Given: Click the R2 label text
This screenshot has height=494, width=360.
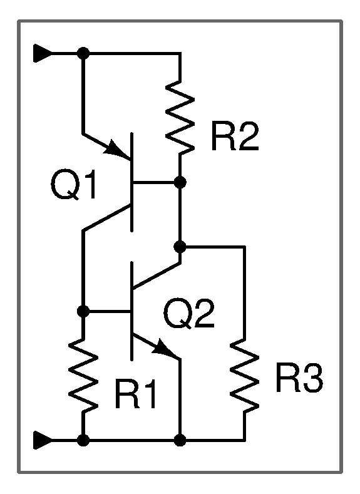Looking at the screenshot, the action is pyautogui.click(x=235, y=136).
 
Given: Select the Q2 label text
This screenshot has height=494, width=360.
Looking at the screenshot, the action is pyautogui.click(x=189, y=314).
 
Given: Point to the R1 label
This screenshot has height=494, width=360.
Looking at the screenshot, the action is pyautogui.click(x=135, y=394).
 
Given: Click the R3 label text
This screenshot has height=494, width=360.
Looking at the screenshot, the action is pyautogui.click(x=299, y=378).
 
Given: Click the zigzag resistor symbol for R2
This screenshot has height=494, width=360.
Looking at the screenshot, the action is pyautogui.click(x=180, y=117).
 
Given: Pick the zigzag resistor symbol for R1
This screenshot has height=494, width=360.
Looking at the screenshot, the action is pyautogui.click(x=83, y=375).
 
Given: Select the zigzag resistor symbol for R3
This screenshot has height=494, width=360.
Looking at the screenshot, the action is pyautogui.click(x=245, y=375).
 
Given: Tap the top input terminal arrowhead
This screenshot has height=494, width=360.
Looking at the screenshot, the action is pyautogui.click(x=43, y=53).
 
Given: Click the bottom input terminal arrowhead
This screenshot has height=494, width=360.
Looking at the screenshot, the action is pyautogui.click(x=43, y=440).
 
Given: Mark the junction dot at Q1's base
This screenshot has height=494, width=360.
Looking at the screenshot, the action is pyautogui.click(x=180, y=182).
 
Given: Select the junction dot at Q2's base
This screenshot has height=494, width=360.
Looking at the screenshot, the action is pyautogui.click(x=83, y=311).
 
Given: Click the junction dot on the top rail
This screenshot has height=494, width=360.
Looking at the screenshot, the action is pyautogui.click(x=83, y=53).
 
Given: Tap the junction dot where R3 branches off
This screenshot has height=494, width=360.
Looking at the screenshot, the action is pyautogui.click(x=180, y=247).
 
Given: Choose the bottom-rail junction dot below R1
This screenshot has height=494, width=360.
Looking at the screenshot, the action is pyautogui.click(x=83, y=440).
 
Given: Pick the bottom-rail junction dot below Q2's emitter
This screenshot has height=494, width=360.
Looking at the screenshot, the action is pyautogui.click(x=180, y=440).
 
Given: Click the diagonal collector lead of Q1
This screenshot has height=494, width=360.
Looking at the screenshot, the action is pyautogui.click(x=107, y=218).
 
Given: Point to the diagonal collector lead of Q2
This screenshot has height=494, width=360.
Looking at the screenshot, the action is pyautogui.click(x=157, y=275).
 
